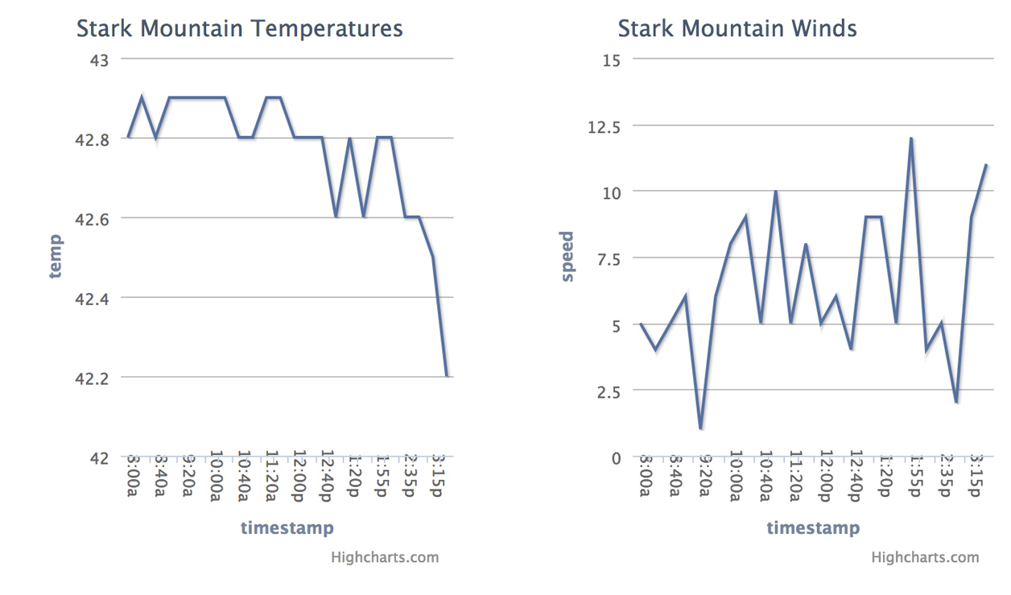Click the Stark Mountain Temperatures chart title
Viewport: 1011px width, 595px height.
(x=239, y=29)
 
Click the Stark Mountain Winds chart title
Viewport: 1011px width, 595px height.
(x=737, y=29)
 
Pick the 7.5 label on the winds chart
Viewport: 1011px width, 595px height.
(x=609, y=258)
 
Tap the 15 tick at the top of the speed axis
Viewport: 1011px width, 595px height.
(x=611, y=60)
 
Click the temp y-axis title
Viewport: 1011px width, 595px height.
(x=55, y=256)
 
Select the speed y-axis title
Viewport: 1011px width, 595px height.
(x=567, y=256)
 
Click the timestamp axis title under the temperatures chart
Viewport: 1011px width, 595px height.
(x=287, y=528)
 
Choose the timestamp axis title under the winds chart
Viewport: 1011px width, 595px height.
(x=812, y=528)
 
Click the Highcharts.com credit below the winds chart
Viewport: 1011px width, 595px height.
(x=925, y=557)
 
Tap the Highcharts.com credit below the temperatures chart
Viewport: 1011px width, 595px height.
(x=385, y=557)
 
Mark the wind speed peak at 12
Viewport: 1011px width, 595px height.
(x=910, y=138)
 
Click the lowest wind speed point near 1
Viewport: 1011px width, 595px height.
(x=701, y=428)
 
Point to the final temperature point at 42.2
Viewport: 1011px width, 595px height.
(x=447, y=376)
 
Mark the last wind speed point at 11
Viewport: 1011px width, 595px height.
(x=986, y=165)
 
